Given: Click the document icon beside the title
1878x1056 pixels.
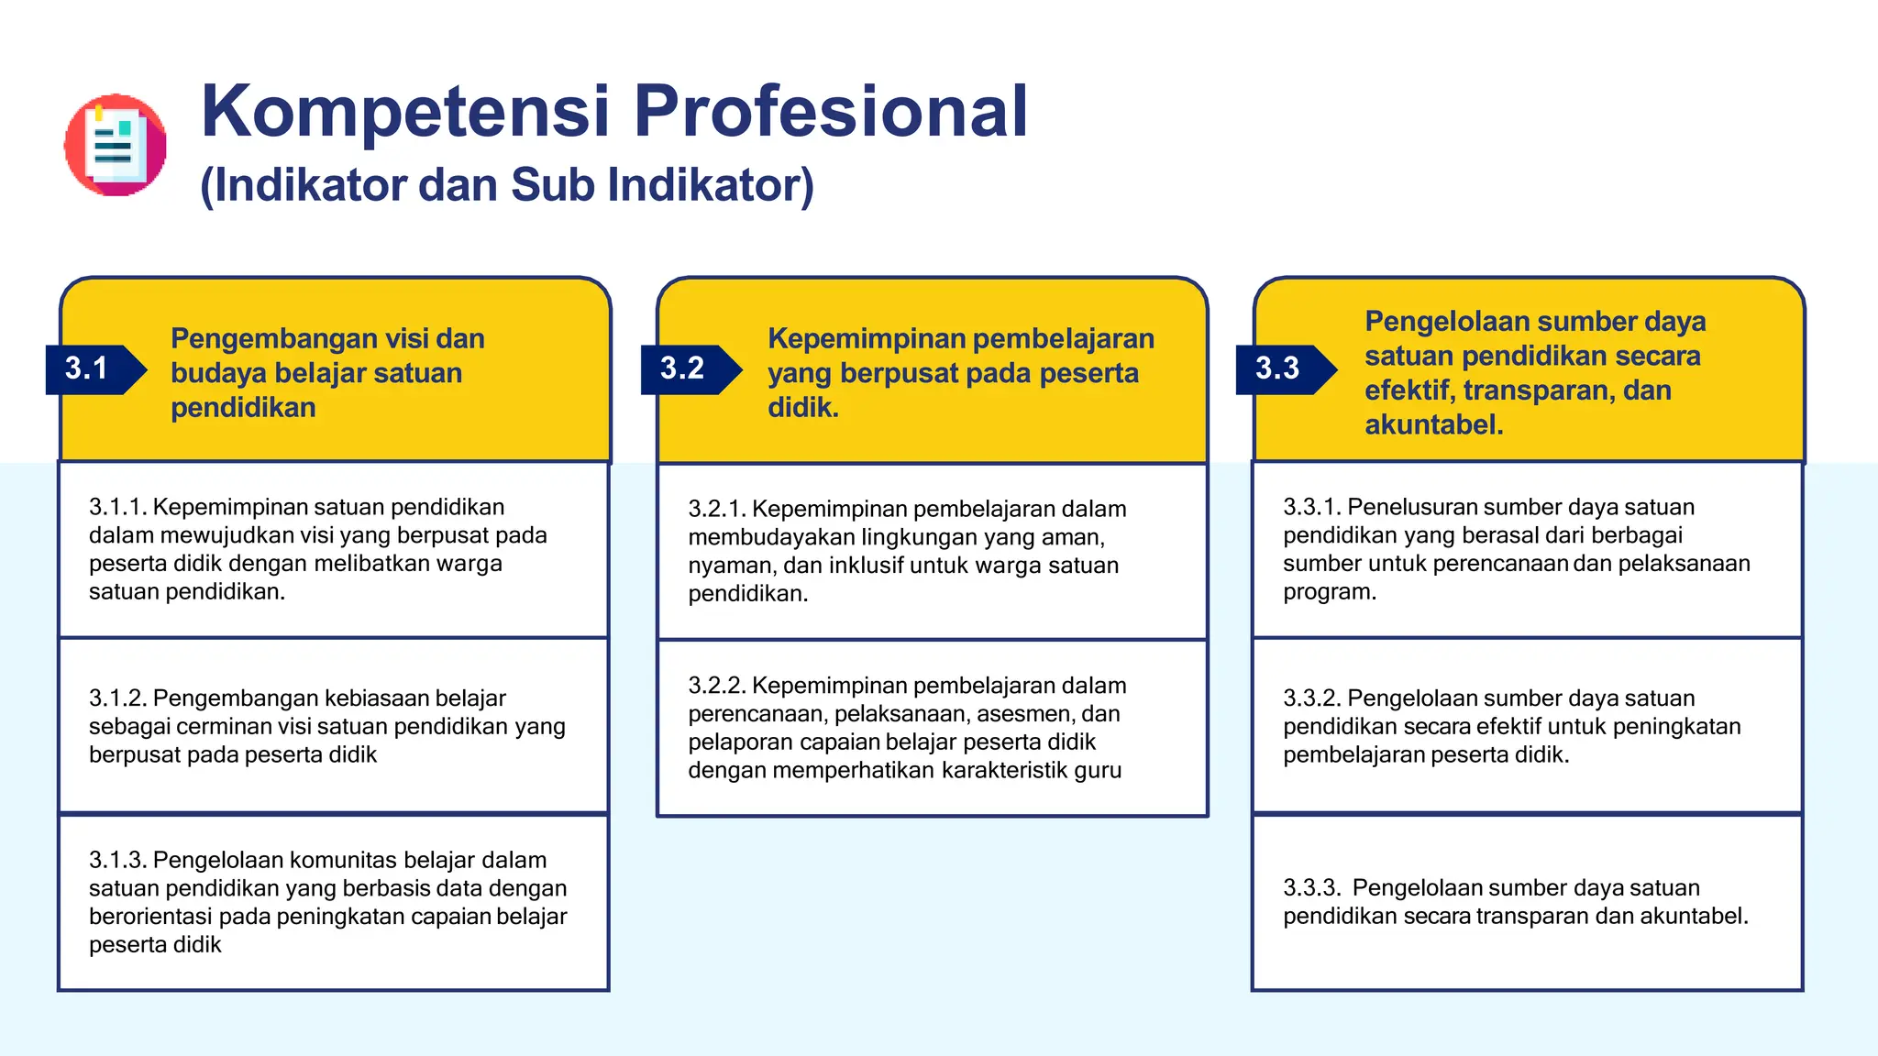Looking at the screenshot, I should pos(116,145).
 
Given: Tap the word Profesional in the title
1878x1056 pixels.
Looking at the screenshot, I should pos(831,112).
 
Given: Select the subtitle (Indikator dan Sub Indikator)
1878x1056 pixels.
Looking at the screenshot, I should pos(506,185).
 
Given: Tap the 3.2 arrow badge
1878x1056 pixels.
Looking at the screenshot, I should pos(689,368).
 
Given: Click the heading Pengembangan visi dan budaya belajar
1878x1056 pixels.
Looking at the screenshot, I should pos(326,372).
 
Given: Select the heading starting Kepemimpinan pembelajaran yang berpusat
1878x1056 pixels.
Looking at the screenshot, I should pos(960,372).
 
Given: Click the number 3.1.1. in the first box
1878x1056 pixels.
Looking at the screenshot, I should pos(117,507).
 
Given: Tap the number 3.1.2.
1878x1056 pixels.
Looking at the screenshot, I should pos(117,698).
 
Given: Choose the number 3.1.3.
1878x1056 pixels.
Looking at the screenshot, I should pos(117,860).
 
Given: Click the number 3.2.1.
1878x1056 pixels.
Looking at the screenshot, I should pos(717,509).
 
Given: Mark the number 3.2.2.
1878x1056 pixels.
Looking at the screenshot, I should pos(717,686).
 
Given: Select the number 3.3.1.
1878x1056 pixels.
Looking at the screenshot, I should pos(1311,507).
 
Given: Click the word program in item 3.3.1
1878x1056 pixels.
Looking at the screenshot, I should pos(1327,592).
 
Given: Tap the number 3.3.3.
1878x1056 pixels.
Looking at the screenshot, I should pos(1311,888).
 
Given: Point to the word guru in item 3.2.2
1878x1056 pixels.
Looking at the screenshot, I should pos(1098,771).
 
